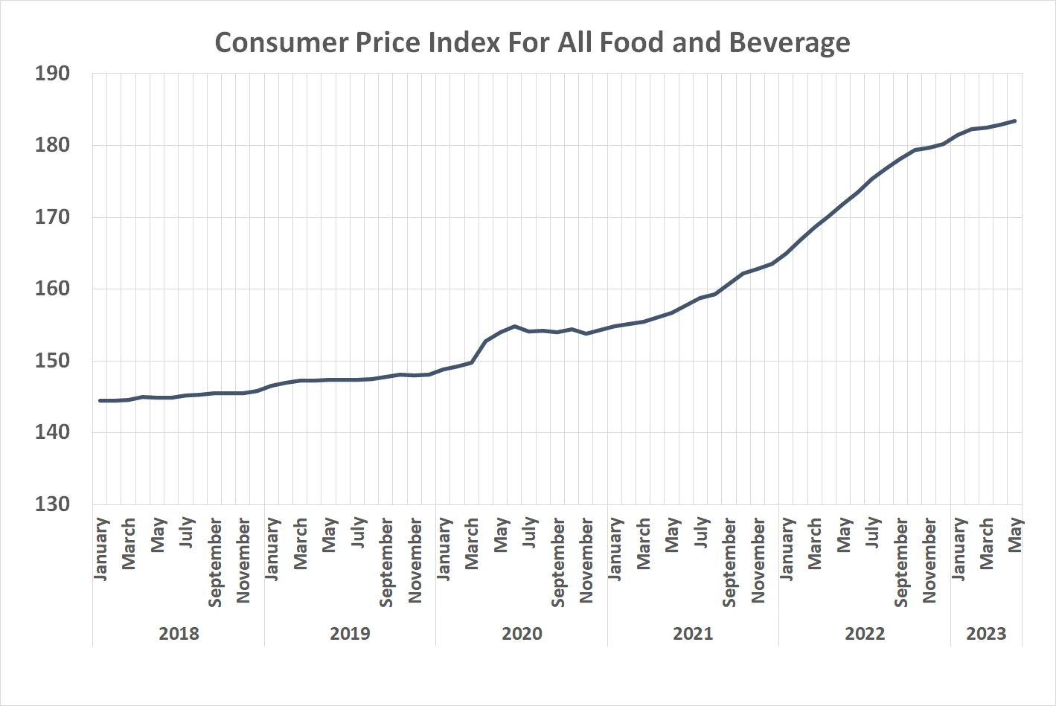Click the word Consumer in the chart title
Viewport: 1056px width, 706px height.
pos(281,42)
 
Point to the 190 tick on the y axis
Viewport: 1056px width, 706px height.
pos(52,74)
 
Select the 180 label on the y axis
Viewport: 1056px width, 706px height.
pos(52,145)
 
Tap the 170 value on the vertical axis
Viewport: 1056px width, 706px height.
pos(52,217)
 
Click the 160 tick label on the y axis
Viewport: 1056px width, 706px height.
pos(52,289)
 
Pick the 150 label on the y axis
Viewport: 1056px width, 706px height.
pos(52,361)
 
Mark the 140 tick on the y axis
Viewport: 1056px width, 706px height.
pos(52,432)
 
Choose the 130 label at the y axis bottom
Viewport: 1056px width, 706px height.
pos(52,504)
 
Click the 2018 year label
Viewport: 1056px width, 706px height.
pos(179,634)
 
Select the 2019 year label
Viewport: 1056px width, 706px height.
pos(350,634)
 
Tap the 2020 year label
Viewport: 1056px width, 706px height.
pos(522,634)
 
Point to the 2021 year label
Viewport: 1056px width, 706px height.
pos(693,634)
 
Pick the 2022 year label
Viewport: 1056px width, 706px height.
pos(865,634)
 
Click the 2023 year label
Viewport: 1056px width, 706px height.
pos(986,634)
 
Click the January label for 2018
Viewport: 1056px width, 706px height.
pos(101,549)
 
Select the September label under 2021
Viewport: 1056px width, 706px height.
pos(729,562)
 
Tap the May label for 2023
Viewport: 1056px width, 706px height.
pos(1015,535)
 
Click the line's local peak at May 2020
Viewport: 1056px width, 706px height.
pos(514,326)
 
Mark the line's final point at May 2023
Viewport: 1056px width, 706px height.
pos(1015,121)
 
